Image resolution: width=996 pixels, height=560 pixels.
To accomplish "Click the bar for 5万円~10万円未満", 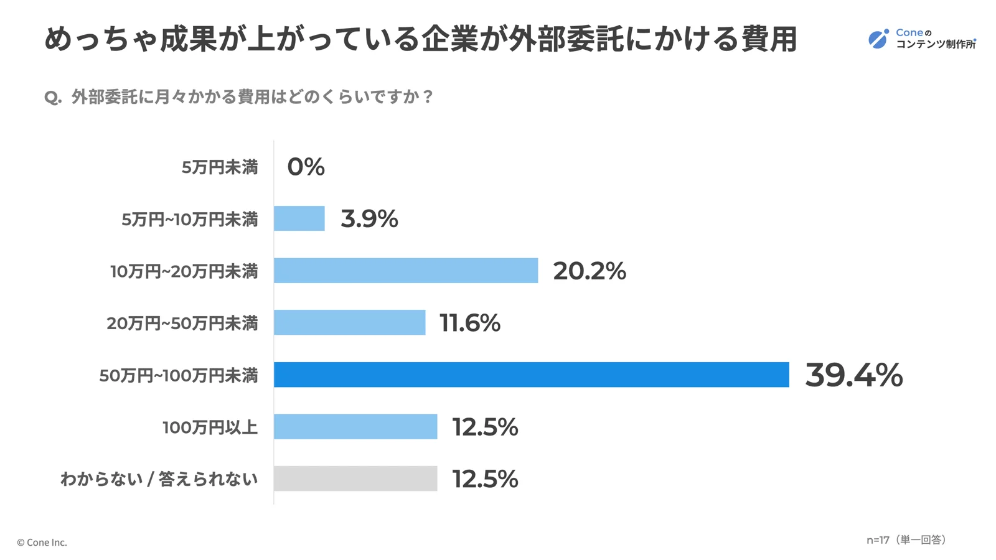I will click(299, 218).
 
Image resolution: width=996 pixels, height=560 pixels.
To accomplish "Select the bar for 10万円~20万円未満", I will click(405, 271).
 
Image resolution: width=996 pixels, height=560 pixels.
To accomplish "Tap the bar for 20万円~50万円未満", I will click(349, 322).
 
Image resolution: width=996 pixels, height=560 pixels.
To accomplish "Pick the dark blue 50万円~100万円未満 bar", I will click(531, 375).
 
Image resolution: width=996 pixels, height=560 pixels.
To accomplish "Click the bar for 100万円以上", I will click(355, 427).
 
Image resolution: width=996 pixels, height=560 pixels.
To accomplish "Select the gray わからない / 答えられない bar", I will click(355, 478).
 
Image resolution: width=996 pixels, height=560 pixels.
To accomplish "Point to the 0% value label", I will click(306, 167).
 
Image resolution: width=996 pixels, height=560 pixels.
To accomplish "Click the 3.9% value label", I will click(369, 219).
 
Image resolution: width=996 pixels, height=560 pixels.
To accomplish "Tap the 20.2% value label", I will click(589, 271).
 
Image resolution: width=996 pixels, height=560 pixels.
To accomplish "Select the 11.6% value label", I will click(469, 323).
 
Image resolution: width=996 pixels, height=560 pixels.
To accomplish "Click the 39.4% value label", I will click(853, 375).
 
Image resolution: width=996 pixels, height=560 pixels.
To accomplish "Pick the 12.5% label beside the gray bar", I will click(485, 479).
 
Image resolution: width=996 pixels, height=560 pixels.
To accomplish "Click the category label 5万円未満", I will click(219, 167).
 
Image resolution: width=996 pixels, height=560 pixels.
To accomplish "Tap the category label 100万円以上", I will click(210, 427).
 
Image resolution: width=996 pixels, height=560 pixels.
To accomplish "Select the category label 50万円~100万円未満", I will click(178, 376).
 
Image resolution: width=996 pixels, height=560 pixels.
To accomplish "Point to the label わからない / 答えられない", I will click(159, 479).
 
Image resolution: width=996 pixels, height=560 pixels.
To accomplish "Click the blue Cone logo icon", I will click(878, 39).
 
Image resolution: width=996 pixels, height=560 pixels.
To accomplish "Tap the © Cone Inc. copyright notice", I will click(42, 543).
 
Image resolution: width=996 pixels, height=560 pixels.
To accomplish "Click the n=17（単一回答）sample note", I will click(906, 540).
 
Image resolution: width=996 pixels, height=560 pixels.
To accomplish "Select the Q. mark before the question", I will click(53, 98).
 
